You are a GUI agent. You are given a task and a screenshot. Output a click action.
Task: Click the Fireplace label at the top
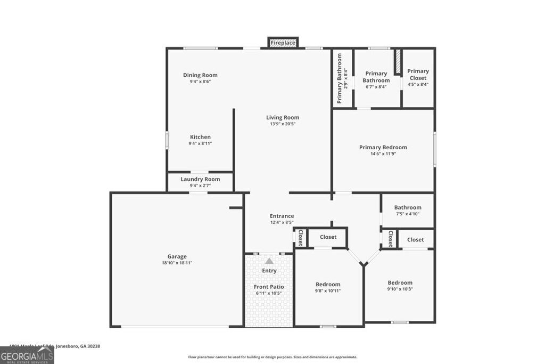pos(283,43)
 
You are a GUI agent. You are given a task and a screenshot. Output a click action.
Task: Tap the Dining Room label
pos(200,75)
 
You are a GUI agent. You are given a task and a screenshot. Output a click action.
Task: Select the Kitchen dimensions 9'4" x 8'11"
pos(200,143)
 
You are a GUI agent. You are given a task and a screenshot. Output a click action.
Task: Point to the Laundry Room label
pos(200,179)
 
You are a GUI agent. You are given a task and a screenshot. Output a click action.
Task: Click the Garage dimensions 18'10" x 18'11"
pos(177,263)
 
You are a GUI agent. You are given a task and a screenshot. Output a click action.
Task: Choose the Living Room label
pos(283,117)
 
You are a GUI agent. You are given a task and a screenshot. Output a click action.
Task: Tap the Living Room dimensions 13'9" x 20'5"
pos(283,124)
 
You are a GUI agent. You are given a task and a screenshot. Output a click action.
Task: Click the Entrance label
pos(282,216)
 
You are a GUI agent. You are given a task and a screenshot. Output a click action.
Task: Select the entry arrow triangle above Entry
pos(269,261)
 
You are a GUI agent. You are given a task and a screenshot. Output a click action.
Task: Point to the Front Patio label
pos(269,287)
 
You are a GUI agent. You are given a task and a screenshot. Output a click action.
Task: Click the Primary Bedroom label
pos(383,147)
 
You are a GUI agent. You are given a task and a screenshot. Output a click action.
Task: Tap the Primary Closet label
pos(418,74)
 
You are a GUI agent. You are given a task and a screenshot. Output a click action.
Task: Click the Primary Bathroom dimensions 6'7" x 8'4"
pos(376,86)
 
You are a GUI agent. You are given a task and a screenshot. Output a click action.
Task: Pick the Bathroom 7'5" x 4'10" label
pos(408,207)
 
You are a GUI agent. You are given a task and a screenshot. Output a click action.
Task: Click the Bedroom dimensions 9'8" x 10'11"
pos(327,290)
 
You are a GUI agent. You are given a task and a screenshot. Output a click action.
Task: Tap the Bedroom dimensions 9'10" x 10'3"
pos(400,289)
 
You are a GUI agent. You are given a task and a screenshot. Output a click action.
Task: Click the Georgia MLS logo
pos(27,355)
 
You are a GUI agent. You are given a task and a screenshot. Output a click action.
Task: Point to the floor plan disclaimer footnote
pos(272,357)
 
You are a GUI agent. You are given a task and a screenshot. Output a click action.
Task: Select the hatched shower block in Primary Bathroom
pos(397,62)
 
